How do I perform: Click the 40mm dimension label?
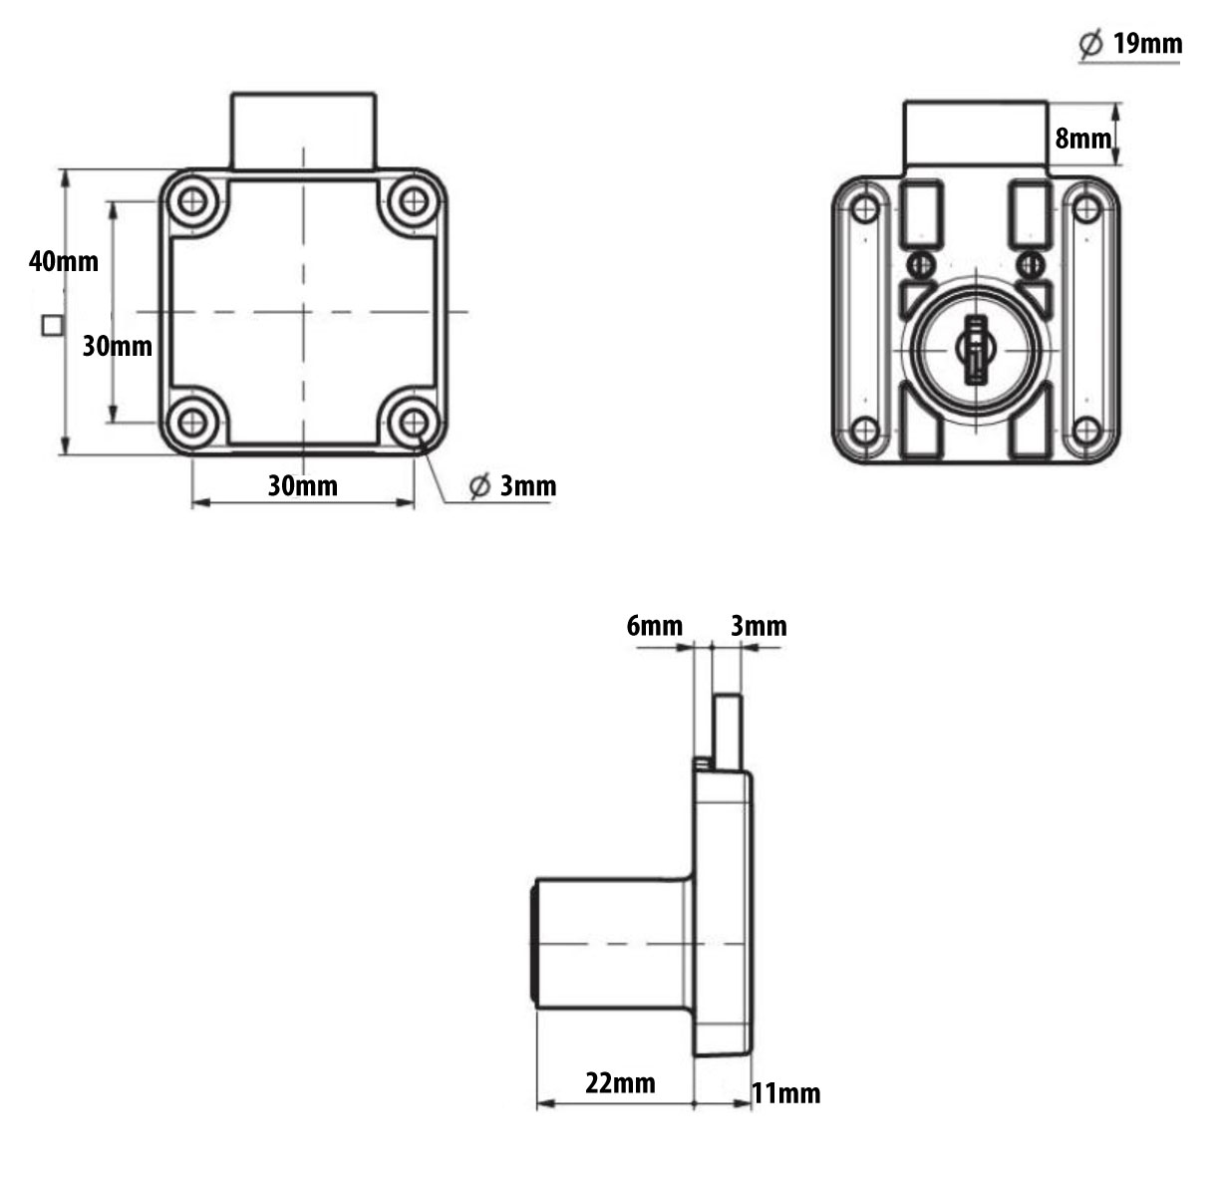click(64, 261)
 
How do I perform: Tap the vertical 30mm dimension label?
click(118, 346)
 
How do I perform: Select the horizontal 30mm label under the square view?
click(303, 486)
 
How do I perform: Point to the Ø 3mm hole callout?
click(513, 486)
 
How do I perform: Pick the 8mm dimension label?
click(1082, 139)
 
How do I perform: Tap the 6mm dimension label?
click(655, 626)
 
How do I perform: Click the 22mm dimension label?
click(620, 1082)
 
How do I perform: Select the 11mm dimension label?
click(786, 1093)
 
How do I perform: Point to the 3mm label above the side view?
click(760, 626)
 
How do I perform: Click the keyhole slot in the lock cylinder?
click(976, 349)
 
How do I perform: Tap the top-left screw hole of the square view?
click(191, 202)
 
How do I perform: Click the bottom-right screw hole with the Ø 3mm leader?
click(414, 423)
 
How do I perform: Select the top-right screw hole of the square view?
click(414, 202)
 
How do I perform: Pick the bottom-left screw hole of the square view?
click(191, 423)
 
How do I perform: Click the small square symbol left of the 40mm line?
click(52, 326)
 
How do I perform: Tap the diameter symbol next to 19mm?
click(1091, 44)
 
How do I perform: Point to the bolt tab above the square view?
click(303, 131)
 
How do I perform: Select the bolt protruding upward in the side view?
click(728, 732)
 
